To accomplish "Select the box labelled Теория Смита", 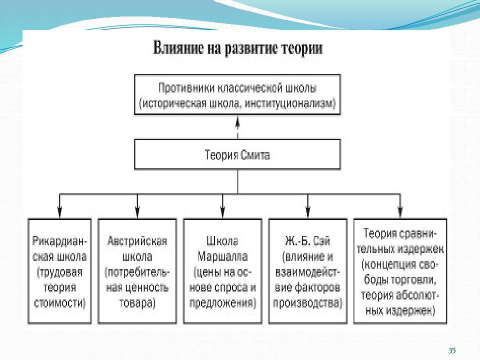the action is pos(237,154).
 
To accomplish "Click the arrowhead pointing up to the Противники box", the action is pos(237,122).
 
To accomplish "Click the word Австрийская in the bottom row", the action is pos(137,241).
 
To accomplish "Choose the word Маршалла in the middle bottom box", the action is pos(222,256).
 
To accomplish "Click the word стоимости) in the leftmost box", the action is pos(59,303).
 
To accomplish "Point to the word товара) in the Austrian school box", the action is pos(137,303).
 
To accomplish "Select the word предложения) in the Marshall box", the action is pos(222,303).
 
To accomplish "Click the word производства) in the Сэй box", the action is pos(307,303).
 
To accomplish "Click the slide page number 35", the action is pos(452,350).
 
